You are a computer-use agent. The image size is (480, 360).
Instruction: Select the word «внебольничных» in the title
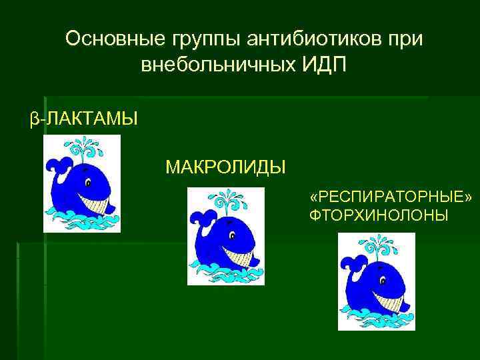click(x=213, y=65)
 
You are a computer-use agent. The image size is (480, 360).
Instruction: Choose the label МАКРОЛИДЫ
click(x=225, y=165)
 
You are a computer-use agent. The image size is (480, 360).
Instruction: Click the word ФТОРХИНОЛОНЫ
click(x=379, y=216)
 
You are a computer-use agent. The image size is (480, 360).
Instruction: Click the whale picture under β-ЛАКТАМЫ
click(x=82, y=183)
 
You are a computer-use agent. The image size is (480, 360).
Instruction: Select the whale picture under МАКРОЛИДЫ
click(x=226, y=236)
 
